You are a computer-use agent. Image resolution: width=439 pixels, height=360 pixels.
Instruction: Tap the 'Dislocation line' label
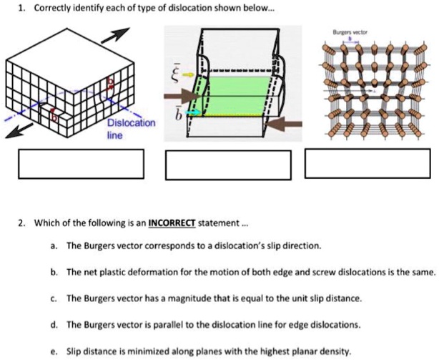tap(131, 128)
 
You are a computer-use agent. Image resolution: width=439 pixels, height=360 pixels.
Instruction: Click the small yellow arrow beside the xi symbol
tap(187, 73)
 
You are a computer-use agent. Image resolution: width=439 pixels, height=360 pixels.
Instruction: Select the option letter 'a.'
tap(54, 245)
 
